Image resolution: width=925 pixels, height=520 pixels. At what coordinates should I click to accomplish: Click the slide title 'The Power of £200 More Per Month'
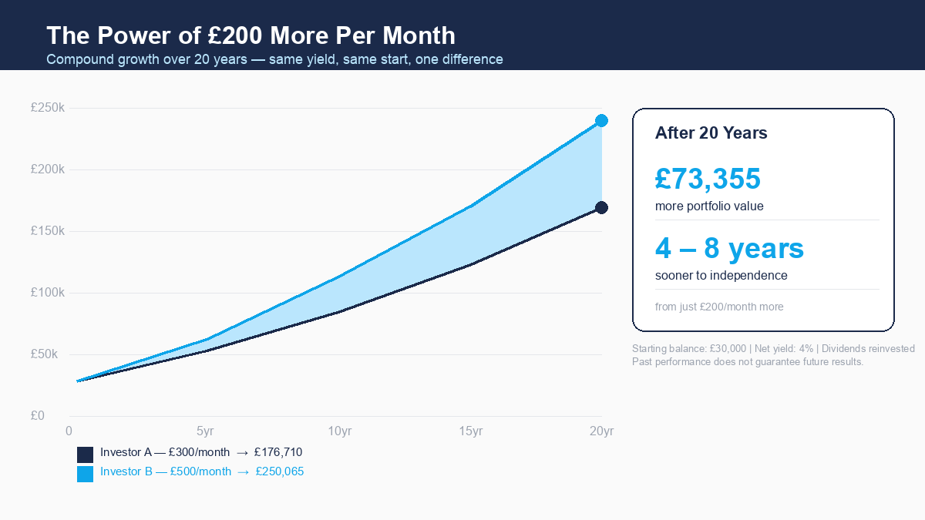[251, 35]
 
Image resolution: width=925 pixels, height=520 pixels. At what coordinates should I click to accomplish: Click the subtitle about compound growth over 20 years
[274, 59]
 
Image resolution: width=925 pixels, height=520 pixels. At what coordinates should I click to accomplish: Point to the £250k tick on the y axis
[48, 108]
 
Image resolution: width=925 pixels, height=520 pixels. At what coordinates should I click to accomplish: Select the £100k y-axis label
[48, 293]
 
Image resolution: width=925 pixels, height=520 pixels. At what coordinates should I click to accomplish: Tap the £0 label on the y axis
[38, 416]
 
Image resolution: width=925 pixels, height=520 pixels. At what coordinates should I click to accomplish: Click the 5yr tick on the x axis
[204, 431]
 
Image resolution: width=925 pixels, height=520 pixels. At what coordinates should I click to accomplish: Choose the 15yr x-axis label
[470, 431]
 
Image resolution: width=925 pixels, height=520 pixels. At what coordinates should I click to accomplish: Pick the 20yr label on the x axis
[601, 431]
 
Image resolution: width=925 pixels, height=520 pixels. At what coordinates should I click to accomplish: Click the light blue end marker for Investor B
[601, 121]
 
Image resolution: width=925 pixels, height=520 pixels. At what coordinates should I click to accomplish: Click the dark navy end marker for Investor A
[601, 207]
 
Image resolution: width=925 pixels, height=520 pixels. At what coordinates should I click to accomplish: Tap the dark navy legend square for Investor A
[85, 455]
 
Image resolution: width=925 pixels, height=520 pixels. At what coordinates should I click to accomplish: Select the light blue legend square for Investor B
[85, 474]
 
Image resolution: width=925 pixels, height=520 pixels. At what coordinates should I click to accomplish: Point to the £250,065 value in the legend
[280, 471]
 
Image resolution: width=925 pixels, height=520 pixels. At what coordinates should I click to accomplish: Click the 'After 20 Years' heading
[711, 133]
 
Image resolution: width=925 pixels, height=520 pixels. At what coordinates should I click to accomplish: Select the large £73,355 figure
[708, 179]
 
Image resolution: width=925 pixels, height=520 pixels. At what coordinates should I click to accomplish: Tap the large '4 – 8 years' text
[729, 248]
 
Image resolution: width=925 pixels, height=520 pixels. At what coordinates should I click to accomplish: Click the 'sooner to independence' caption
[721, 275]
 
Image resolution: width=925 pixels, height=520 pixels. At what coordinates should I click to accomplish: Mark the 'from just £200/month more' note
[719, 307]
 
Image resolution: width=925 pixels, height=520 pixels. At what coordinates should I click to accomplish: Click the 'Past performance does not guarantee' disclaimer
[748, 361]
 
